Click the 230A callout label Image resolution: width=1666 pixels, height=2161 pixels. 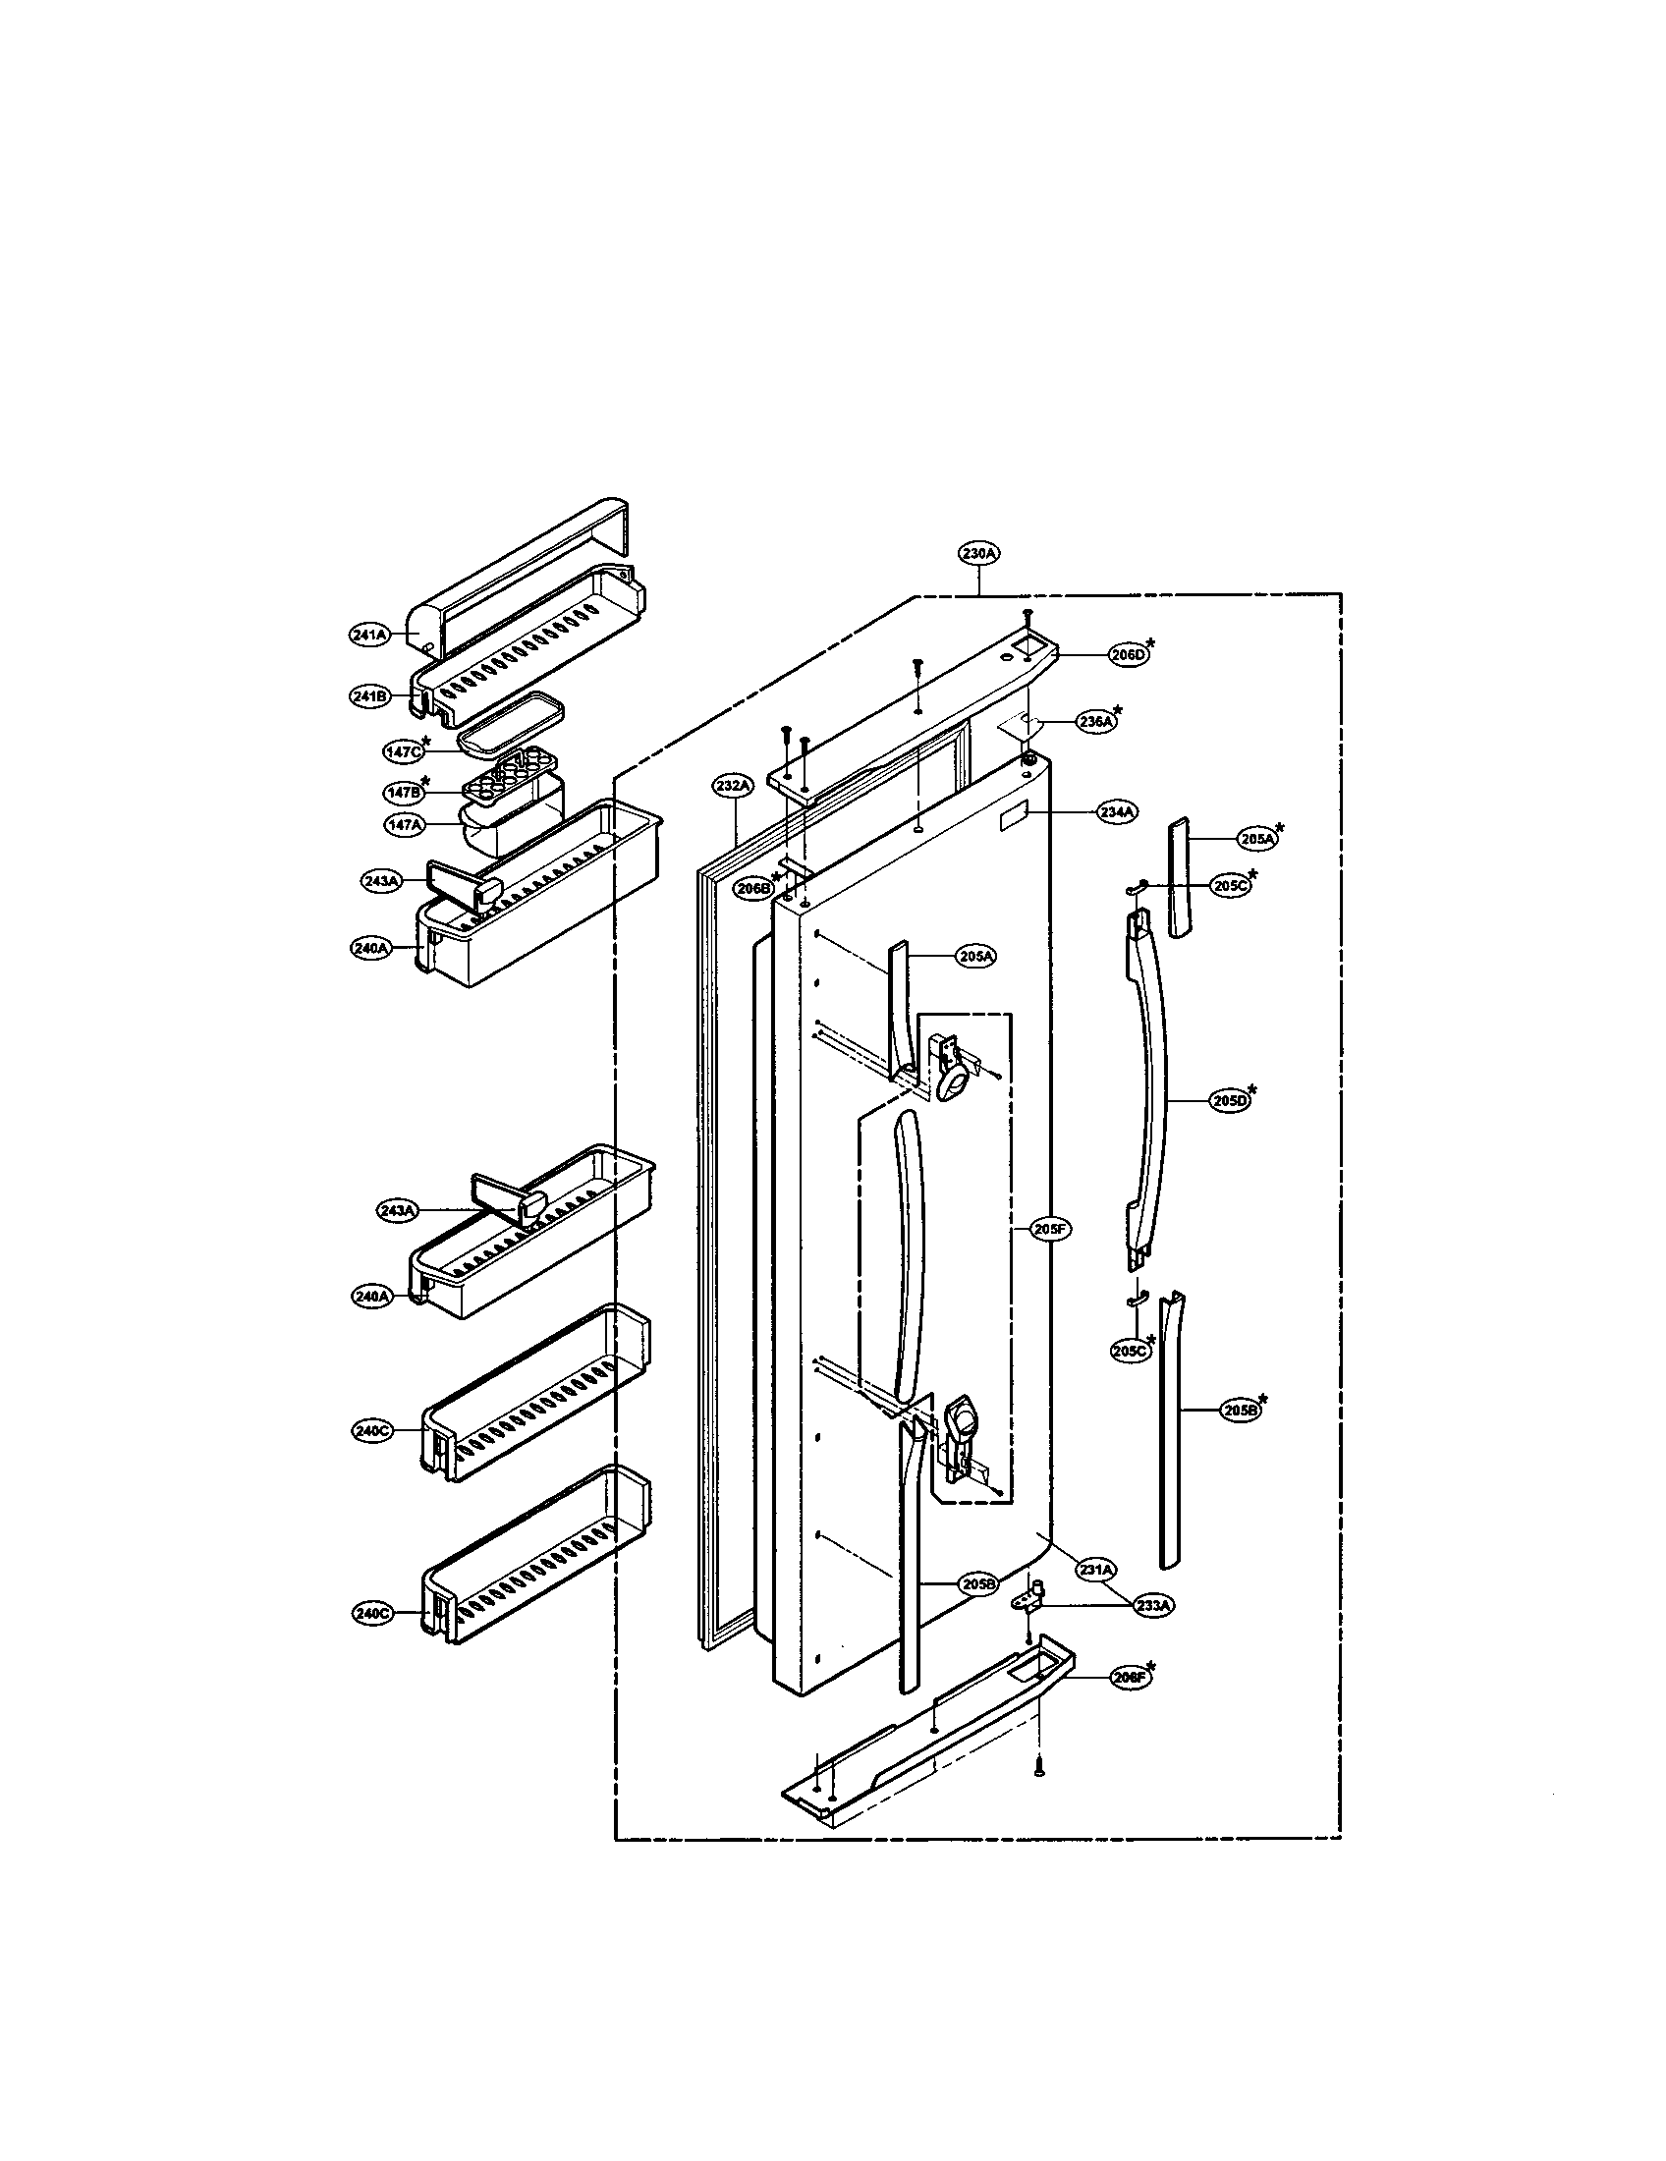(978, 553)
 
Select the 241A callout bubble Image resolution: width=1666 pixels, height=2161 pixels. (368, 636)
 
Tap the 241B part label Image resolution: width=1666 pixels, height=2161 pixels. (368, 696)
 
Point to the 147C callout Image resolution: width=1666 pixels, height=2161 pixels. (402, 751)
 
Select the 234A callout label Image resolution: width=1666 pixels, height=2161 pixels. (1116, 811)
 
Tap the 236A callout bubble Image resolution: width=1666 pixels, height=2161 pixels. (1093, 722)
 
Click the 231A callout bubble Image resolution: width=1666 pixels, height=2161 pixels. (1096, 1570)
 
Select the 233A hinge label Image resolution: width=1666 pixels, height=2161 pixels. (1152, 1606)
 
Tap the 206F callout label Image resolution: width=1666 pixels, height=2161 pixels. (1128, 1679)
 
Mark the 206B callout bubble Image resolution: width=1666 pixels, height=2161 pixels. (751, 889)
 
